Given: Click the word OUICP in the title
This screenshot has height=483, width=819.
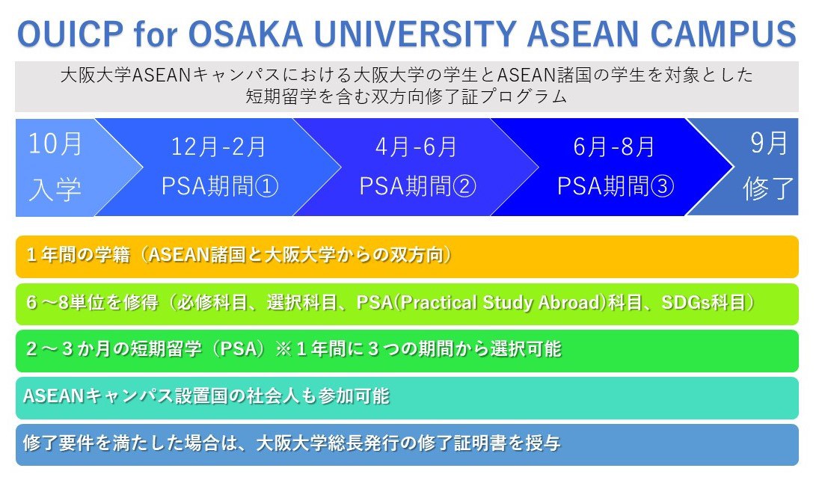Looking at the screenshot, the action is tap(70, 34).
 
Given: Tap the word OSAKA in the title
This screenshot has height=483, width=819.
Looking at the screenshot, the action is tap(245, 34).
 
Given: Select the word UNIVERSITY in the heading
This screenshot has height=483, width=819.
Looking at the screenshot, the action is tap(415, 34).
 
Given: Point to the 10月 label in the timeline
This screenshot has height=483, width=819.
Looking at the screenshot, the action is tap(55, 144).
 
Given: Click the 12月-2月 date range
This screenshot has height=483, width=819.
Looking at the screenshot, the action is tap(219, 147).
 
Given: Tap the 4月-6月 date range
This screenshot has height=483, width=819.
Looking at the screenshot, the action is tap(417, 147).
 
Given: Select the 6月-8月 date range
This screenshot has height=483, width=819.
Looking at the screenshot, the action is tap(614, 147).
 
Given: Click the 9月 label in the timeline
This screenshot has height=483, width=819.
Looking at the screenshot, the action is tap(769, 143).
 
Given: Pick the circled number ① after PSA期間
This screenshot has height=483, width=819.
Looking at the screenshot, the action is tap(266, 186).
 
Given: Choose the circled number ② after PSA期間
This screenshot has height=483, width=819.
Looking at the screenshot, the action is tap(464, 186).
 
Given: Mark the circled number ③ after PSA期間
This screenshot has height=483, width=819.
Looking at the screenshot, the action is tap(662, 186).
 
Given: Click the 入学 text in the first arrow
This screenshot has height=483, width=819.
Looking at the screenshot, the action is tap(55, 189).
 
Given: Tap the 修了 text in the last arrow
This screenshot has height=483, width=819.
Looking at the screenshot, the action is tap(768, 188).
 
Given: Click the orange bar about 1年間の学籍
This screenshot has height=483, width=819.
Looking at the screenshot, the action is tap(407, 256).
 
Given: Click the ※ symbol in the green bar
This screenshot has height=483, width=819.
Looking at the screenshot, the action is tap(283, 349).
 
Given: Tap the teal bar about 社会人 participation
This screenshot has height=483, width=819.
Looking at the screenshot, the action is tap(407, 398).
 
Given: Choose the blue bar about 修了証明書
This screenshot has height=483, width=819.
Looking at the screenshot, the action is tap(407, 445).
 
